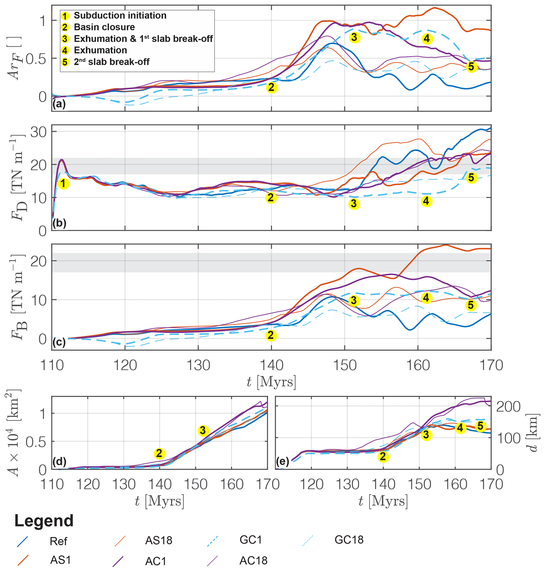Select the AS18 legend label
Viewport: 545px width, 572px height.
[159, 540]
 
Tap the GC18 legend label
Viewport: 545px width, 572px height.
[349, 540]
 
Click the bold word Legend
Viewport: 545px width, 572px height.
[44, 521]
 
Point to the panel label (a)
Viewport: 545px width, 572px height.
[59, 104]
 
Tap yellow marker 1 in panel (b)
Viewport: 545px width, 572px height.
[63, 184]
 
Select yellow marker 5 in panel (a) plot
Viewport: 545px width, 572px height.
[471, 67]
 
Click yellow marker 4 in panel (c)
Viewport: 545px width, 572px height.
[426, 298]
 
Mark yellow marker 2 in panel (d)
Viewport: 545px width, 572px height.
[159, 453]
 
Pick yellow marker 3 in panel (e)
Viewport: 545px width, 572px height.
[426, 435]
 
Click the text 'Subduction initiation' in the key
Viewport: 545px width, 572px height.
[120, 15]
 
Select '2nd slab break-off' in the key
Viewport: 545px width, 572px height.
[112, 62]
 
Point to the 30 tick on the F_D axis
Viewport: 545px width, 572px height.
[38, 132]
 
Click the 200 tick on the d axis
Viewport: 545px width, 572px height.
[508, 407]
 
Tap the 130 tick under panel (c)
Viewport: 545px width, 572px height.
[198, 365]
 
